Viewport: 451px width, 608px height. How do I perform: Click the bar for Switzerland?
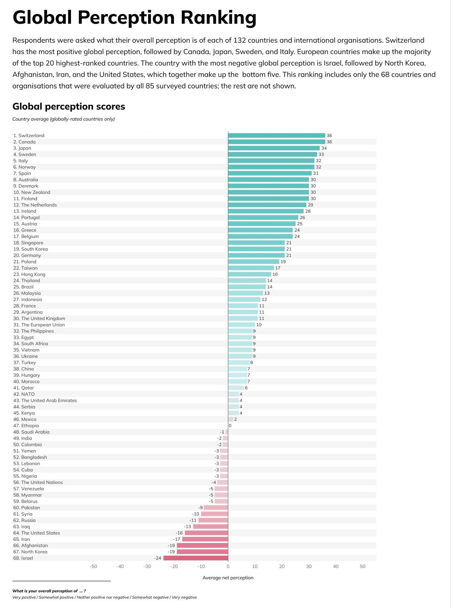[276, 135]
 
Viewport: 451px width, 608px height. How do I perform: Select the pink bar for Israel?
[196, 558]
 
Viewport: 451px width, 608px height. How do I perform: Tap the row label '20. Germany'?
[27, 255]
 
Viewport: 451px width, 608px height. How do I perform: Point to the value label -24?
[158, 558]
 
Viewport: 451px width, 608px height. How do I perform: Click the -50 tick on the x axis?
[93, 566]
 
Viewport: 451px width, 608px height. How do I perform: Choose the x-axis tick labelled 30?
[309, 566]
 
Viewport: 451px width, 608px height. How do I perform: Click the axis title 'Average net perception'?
[228, 578]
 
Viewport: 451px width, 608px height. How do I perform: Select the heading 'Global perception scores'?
[69, 106]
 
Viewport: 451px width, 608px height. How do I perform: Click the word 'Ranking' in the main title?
[219, 18]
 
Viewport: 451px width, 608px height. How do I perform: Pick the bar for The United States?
[206, 533]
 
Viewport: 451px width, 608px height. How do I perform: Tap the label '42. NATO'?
[24, 394]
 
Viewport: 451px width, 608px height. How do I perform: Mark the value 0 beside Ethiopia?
[230, 425]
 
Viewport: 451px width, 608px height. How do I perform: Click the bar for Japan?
[274, 148]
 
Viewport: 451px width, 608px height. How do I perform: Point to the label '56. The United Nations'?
[38, 482]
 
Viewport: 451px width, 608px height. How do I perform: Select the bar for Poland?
[254, 262]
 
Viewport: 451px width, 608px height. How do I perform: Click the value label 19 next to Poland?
[283, 262]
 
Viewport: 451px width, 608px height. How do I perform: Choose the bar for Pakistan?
[216, 508]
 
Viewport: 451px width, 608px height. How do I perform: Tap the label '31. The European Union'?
[39, 325]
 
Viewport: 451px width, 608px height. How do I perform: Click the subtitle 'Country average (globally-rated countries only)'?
[64, 119]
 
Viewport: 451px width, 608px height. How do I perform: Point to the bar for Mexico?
[231, 419]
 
